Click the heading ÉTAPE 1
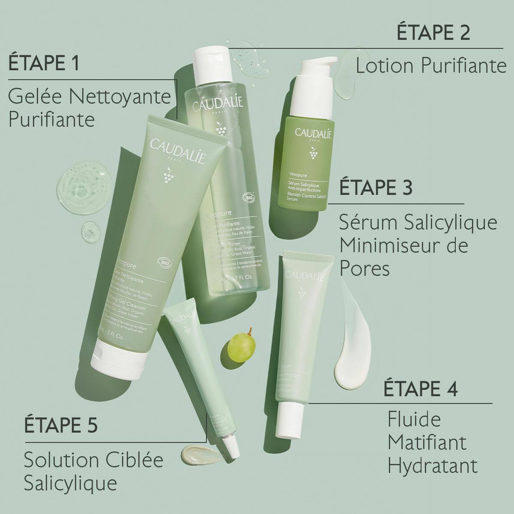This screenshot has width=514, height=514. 44,64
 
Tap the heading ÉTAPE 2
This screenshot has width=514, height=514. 433,33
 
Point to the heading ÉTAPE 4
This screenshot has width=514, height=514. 421,388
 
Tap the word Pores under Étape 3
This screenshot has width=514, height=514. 365,269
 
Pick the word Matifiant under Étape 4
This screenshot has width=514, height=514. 427,442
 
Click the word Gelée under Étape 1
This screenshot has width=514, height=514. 35,97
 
